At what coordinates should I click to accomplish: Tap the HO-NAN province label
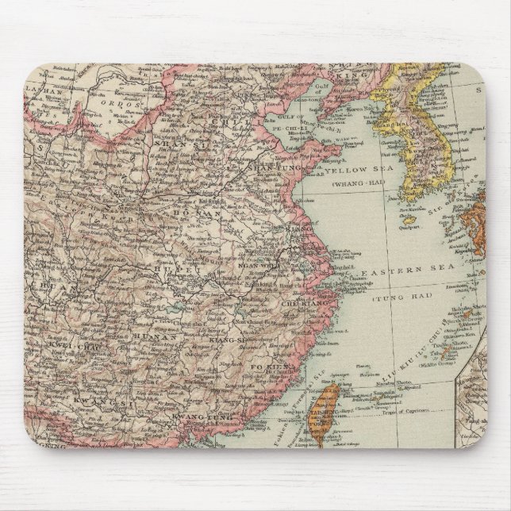point(211,213)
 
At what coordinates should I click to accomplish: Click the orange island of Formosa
point(325,405)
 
